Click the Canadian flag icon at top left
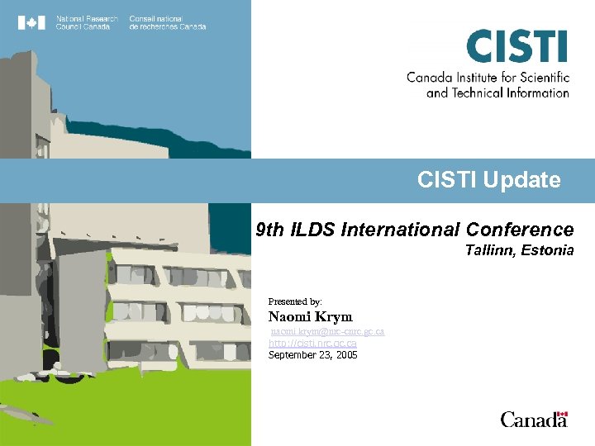pos(31,22)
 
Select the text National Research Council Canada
pos(87,22)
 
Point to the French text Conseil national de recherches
pos(167,22)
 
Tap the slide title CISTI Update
pos(488,180)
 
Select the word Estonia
pos(547,250)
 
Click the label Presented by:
pos(295,301)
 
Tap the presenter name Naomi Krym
pos(310,317)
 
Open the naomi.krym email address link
pos(327,331)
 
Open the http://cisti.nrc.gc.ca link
pos(312,343)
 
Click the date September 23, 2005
pos(312,355)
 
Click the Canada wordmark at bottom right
pos(533,420)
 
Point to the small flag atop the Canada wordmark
pos(562,413)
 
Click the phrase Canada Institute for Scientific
pos(488,78)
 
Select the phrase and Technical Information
pos(497,93)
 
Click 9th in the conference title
pos(269,230)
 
